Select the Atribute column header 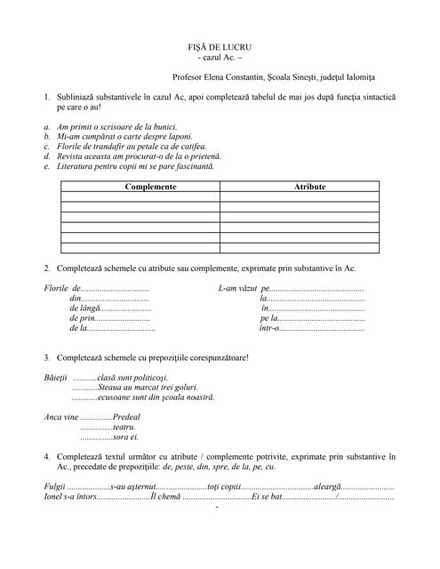309,187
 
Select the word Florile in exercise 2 57,289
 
